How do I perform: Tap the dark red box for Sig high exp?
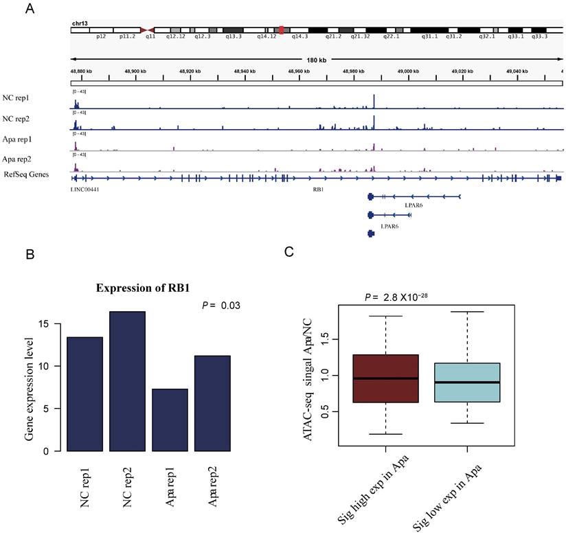tap(385, 378)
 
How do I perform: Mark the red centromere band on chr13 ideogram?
tap(282, 30)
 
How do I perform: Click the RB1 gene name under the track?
tap(318, 187)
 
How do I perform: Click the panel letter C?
tap(290, 252)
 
